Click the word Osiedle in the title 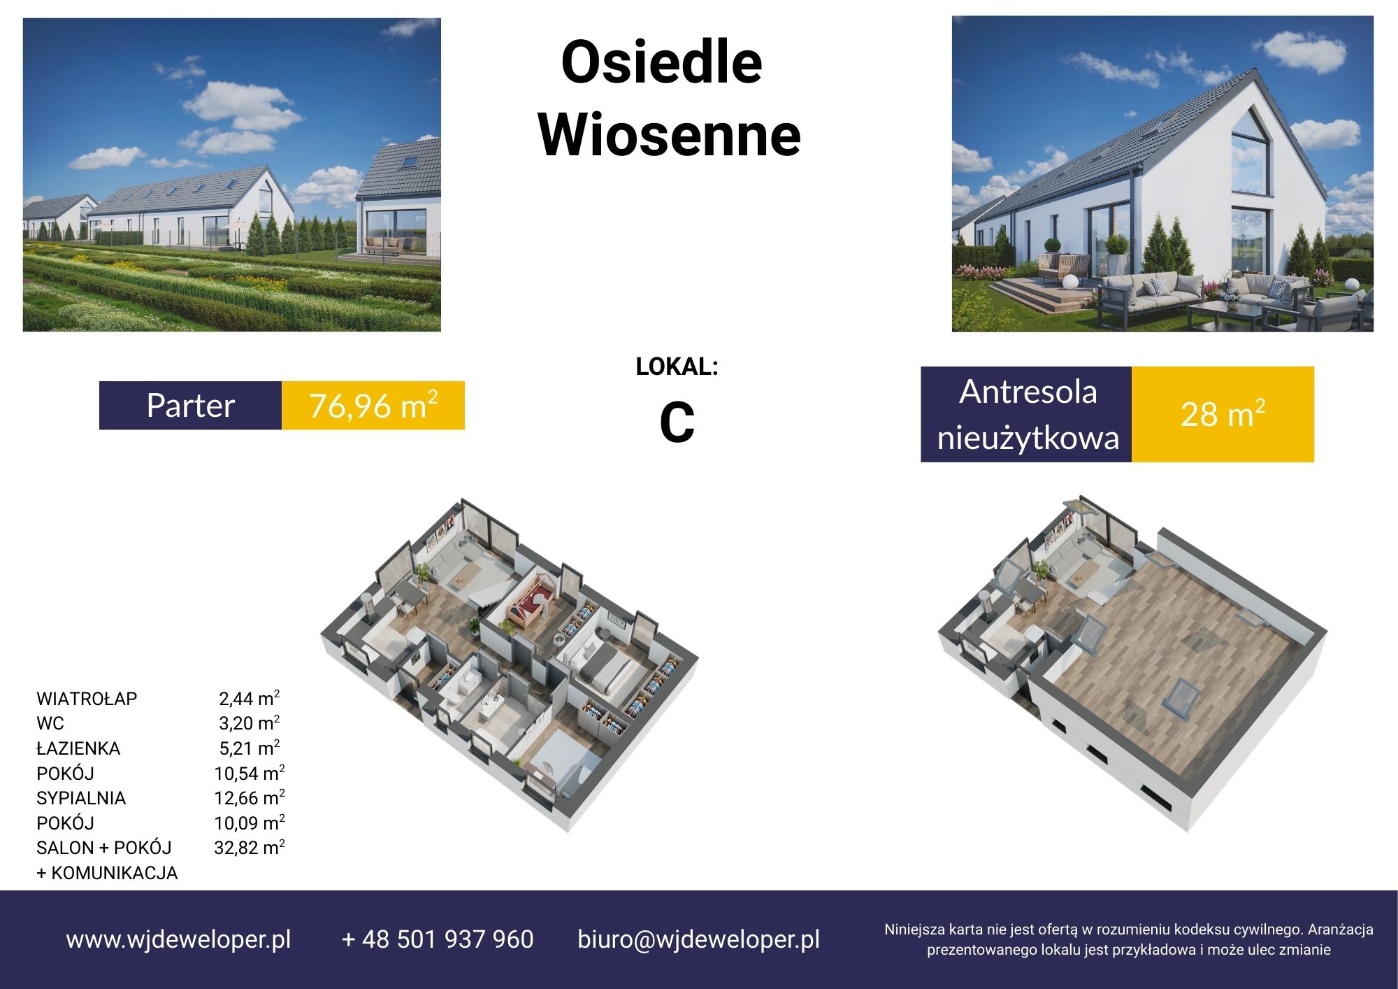click(661, 62)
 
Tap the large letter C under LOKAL click(677, 423)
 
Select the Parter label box click(190, 406)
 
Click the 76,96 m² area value click(373, 406)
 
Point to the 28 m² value click(1223, 414)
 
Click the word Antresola click(1028, 392)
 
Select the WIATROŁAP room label click(87, 699)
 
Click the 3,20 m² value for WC click(250, 723)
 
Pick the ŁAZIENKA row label click(78, 748)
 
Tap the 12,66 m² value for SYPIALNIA click(250, 798)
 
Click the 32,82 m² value click(250, 848)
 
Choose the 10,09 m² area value click(250, 823)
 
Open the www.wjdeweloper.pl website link click(178, 939)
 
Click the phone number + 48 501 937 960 click(438, 939)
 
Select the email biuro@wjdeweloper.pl click(698, 939)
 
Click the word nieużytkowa click(1028, 439)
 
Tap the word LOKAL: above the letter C click(677, 367)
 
